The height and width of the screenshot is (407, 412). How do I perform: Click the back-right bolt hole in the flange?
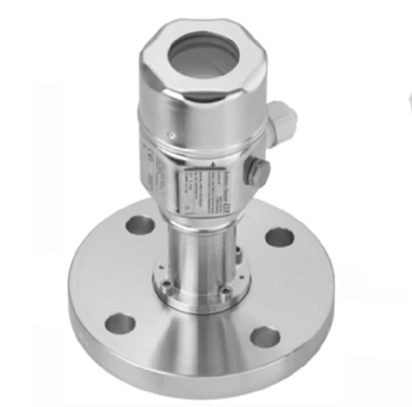pyautogui.click(x=278, y=236)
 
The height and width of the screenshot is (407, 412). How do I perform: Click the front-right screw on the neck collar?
pyautogui.click(x=225, y=290)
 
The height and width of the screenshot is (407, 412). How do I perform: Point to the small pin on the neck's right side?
pyautogui.click(x=238, y=254)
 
